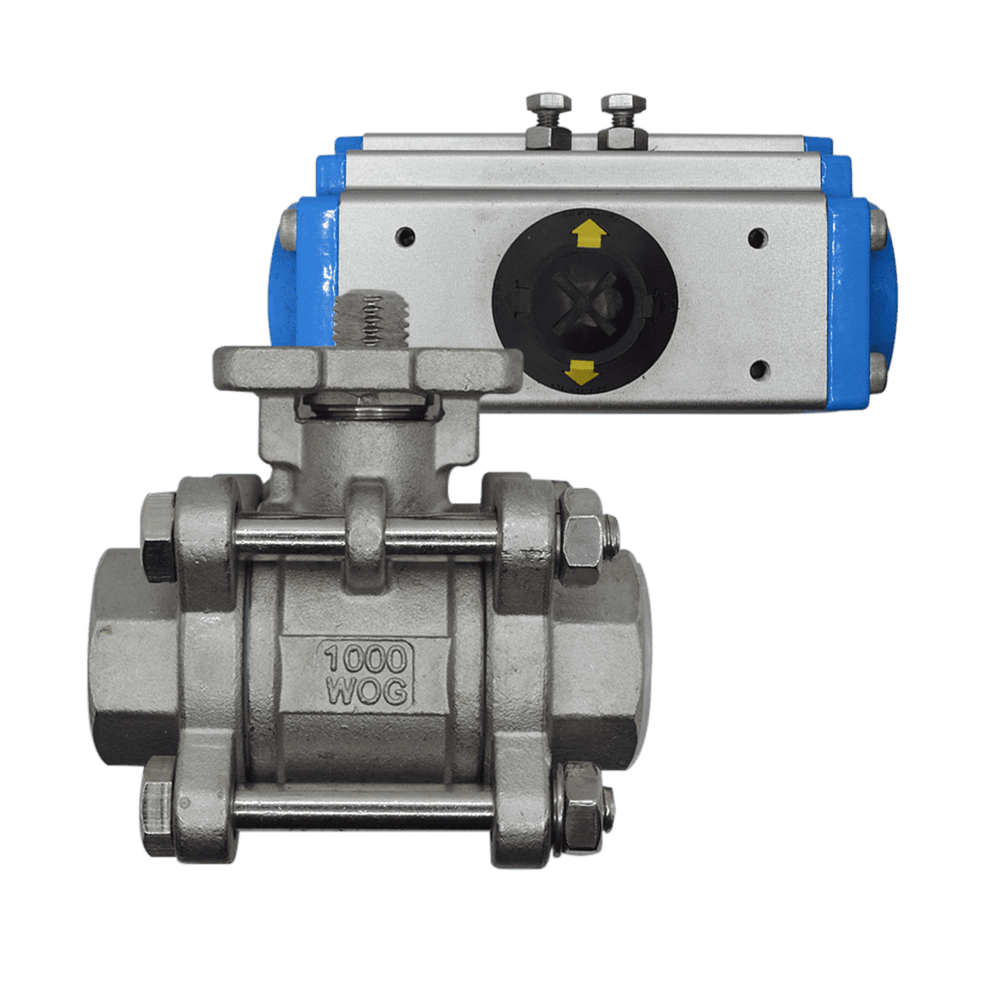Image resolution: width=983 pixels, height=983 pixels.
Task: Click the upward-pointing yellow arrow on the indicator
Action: [x=589, y=234]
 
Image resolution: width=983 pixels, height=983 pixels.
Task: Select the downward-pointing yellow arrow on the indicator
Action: [x=582, y=372]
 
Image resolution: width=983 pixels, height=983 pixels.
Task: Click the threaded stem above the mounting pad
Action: [x=370, y=319]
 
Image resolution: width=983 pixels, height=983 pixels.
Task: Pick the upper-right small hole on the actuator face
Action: [x=758, y=238]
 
